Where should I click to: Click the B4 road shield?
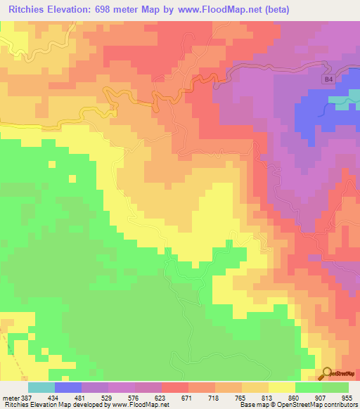(328, 80)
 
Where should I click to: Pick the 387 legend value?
(28, 397)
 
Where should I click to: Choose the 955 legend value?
(348, 397)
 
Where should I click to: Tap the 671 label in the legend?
(188, 397)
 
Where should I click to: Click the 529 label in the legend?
(108, 397)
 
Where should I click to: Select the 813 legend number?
(268, 397)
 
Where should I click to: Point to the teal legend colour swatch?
(41, 387)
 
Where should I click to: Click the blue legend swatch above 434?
(68, 387)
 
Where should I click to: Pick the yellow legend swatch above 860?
(282, 387)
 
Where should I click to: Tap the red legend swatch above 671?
(175, 387)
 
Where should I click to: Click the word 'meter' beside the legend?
(10, 397)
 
